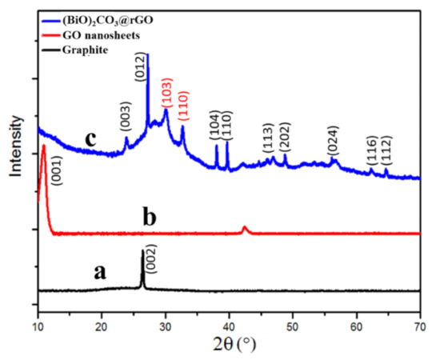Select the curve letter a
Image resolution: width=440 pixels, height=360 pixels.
(x=100, y=272)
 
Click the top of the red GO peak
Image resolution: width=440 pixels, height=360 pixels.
(x=43, y=146)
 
